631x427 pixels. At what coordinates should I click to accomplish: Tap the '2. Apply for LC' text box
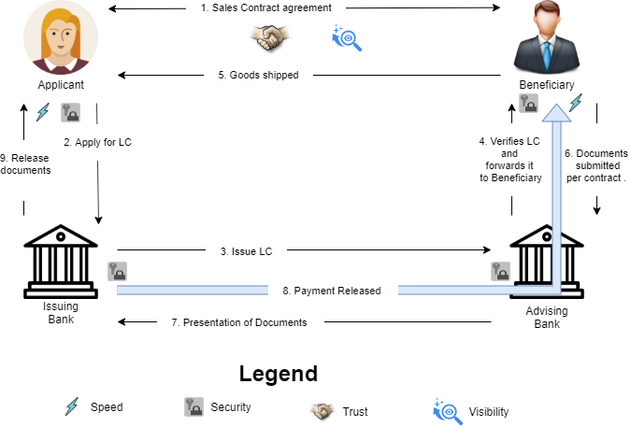point(96,143)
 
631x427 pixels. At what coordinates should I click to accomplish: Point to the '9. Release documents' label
point(25,164)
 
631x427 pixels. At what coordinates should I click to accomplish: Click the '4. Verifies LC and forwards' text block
point(509,165)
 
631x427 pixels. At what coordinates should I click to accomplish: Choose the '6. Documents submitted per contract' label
point(596,165)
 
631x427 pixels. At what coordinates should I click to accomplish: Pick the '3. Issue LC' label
point(245,251)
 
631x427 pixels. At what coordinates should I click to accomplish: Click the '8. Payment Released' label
point(332,291)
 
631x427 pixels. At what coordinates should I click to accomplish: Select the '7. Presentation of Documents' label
point(239,322)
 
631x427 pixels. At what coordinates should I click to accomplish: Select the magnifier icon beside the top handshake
point(347,37)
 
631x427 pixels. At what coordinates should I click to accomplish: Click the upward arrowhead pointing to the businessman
point(556,112)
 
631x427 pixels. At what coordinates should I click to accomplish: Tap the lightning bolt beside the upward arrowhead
point(576,102)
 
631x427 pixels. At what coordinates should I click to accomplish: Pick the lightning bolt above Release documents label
point(42,112)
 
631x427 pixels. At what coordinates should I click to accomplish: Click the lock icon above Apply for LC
point(70,113)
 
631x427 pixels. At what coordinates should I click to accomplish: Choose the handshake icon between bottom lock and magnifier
point(323,409)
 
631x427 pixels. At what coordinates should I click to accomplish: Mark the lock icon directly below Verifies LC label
point(501,271)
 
